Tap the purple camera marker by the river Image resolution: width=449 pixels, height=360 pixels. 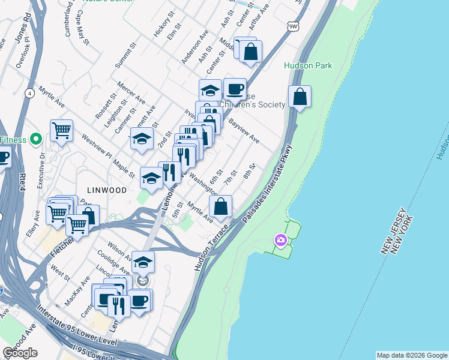click(x=280, y=240)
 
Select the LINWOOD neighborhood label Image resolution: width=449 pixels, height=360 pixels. click(x=106, y=190)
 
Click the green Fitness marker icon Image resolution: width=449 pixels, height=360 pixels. click(x=35, y=139)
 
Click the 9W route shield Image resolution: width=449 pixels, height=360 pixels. click(x=293, y=27)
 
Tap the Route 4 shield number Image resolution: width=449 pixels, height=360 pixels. click(x=29, y=93)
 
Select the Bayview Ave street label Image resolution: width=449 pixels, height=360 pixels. click(x=244, y=130)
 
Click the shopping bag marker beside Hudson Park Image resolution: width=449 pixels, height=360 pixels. click(x=300, y=96)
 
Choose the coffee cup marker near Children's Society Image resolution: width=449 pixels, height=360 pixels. click(x=235, y=89)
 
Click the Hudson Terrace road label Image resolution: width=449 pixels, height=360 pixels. click(x=211, y=247)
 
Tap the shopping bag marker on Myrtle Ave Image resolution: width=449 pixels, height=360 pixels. click(x=221, y=206)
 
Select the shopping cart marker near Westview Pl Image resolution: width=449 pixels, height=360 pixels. click(x=61, y=130)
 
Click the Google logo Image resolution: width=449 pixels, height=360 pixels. click(x=20, y=353)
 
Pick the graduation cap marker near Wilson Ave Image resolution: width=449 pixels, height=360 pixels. click(x=143, y=262)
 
